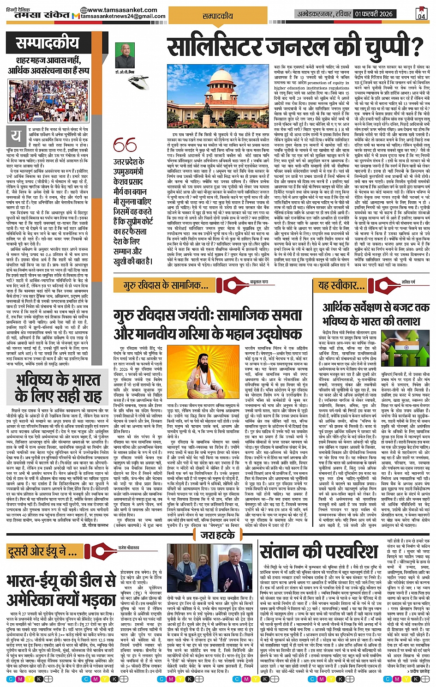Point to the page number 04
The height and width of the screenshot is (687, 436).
[x=422, y=13]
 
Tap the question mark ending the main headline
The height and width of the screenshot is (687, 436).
[x=416, y=47]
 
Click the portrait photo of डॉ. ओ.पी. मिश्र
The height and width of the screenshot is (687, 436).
[x=125, y=55]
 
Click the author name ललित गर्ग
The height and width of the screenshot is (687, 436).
[x=408, y=281]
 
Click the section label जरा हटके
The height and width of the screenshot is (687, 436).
[x=218, y=535]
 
